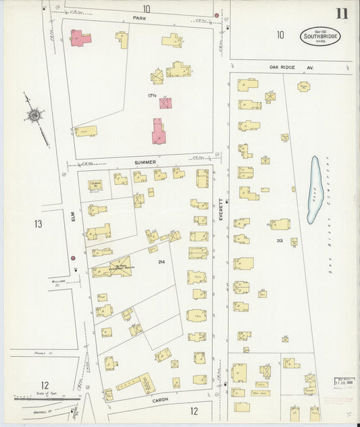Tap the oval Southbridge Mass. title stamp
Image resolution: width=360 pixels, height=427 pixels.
[x=320, y=36]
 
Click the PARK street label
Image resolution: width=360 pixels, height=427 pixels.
[x=139, y=18]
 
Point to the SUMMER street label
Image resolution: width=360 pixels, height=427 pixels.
[x=145, y=162]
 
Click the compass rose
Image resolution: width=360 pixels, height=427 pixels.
[x=34, y=117]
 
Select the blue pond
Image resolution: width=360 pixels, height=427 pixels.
[x=313, y=191]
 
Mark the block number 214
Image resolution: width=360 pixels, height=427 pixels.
[x=161, y=261]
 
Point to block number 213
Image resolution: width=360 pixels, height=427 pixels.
[x=278, y=240]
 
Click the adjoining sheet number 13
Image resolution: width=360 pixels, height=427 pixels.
[x=38, y=223]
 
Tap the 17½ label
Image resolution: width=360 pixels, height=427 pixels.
[x=153, y=96]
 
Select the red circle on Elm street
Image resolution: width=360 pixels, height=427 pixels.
[x=72, y=257]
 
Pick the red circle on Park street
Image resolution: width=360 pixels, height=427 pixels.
[x=216, y=15]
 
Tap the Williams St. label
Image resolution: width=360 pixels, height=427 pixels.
[x=57, y=280]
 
